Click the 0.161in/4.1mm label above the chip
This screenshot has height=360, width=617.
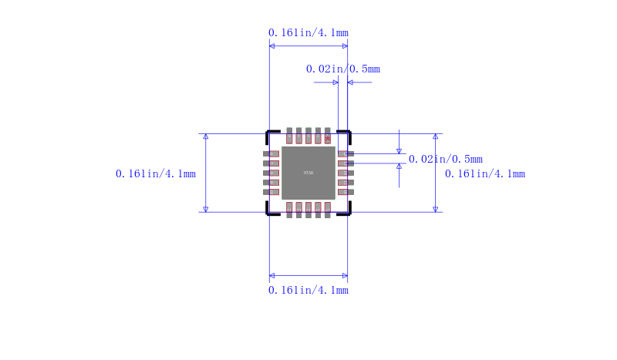click(x=308, y=32)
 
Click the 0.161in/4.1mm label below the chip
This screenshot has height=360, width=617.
click(x=308, y=290)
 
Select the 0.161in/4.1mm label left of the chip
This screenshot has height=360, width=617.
click(x=156, y=173)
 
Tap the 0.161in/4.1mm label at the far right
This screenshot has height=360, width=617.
click(x=485, y=173)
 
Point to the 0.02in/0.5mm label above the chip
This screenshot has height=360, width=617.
click(x=342, y=69)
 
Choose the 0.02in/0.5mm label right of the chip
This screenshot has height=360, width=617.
click(x=445, y=159)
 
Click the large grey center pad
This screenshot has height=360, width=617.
click(x=308, y=173)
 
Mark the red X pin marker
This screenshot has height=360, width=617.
click(x=328, y=138)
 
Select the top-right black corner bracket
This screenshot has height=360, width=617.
click(x=346, y=133)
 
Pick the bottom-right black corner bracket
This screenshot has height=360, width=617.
click(x=346, y=210)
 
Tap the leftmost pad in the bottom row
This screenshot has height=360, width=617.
click(x=289, y=210)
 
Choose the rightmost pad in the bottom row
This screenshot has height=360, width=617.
click(x=328, y=210)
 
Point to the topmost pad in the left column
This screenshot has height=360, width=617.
click(x=271, y=153)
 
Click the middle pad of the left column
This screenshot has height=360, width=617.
click(x=271, y=173)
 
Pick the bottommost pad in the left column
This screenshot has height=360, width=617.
click(x=271, y=191)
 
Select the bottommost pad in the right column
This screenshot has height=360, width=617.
click(x=345, y=191)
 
